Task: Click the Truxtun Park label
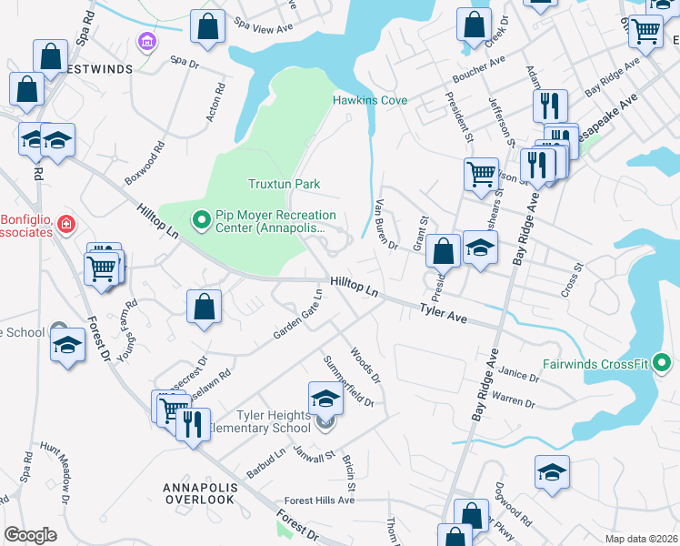[285, 184]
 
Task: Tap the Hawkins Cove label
[370, 100]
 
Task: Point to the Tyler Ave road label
[443, 314]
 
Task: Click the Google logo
[30, 534]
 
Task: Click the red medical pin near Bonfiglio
[65, 223]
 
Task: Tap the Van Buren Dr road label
[386, 224]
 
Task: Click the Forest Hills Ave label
[318, 500]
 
